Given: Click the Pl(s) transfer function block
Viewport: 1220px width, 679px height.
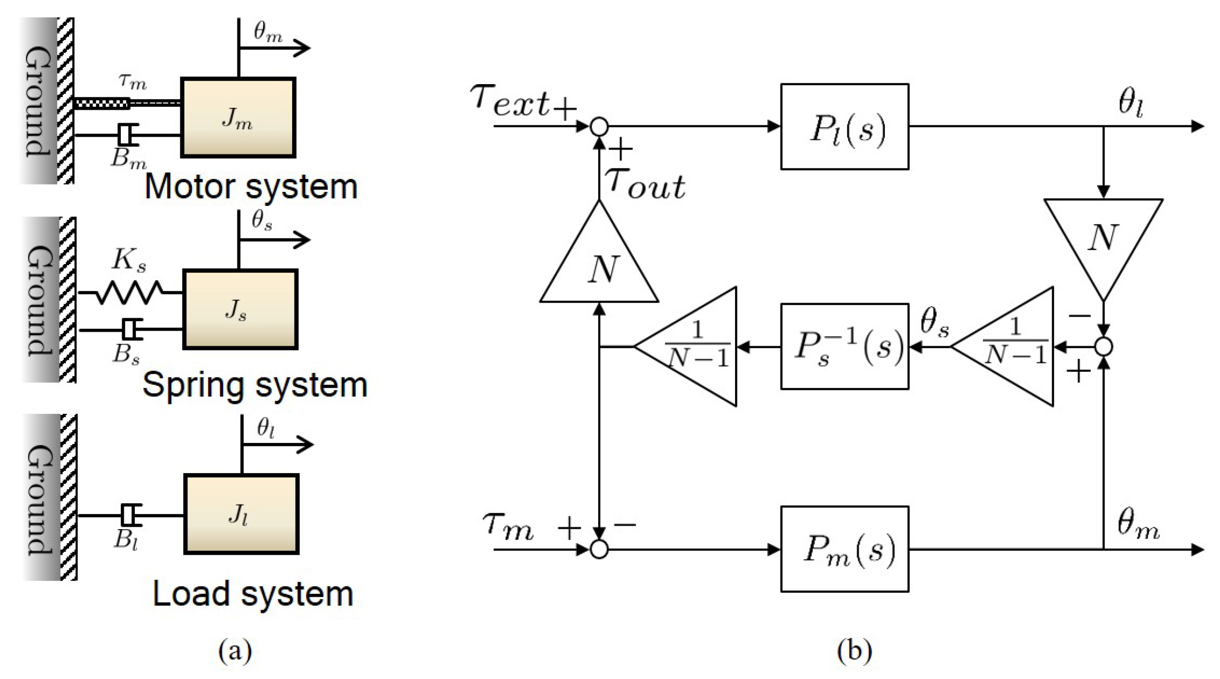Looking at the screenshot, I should click(844, 127).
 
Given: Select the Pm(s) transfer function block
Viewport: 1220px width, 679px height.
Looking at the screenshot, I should click(844, 549).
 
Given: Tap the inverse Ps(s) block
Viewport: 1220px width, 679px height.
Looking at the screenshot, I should click(844, 346).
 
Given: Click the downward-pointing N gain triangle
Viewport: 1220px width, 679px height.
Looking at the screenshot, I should click(1103, 241).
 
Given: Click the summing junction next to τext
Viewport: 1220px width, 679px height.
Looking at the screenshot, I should click(599, 127).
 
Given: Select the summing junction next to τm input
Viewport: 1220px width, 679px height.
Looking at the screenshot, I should click(599, 550).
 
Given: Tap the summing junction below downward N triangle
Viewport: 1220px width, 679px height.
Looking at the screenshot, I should click(1103, 347).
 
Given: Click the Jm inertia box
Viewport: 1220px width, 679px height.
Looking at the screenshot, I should click(238, 118).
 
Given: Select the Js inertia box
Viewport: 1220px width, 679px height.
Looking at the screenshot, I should click(240, 309).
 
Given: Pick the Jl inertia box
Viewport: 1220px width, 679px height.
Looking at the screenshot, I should click(241, 514).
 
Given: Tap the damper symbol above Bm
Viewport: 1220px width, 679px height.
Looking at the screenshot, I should click(128, 135).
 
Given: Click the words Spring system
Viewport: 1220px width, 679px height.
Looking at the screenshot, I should click(255, 385).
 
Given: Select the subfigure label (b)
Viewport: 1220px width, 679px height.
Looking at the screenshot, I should click(854, 651).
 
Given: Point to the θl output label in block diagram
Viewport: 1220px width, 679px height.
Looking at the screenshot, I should click(1131, 104).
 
